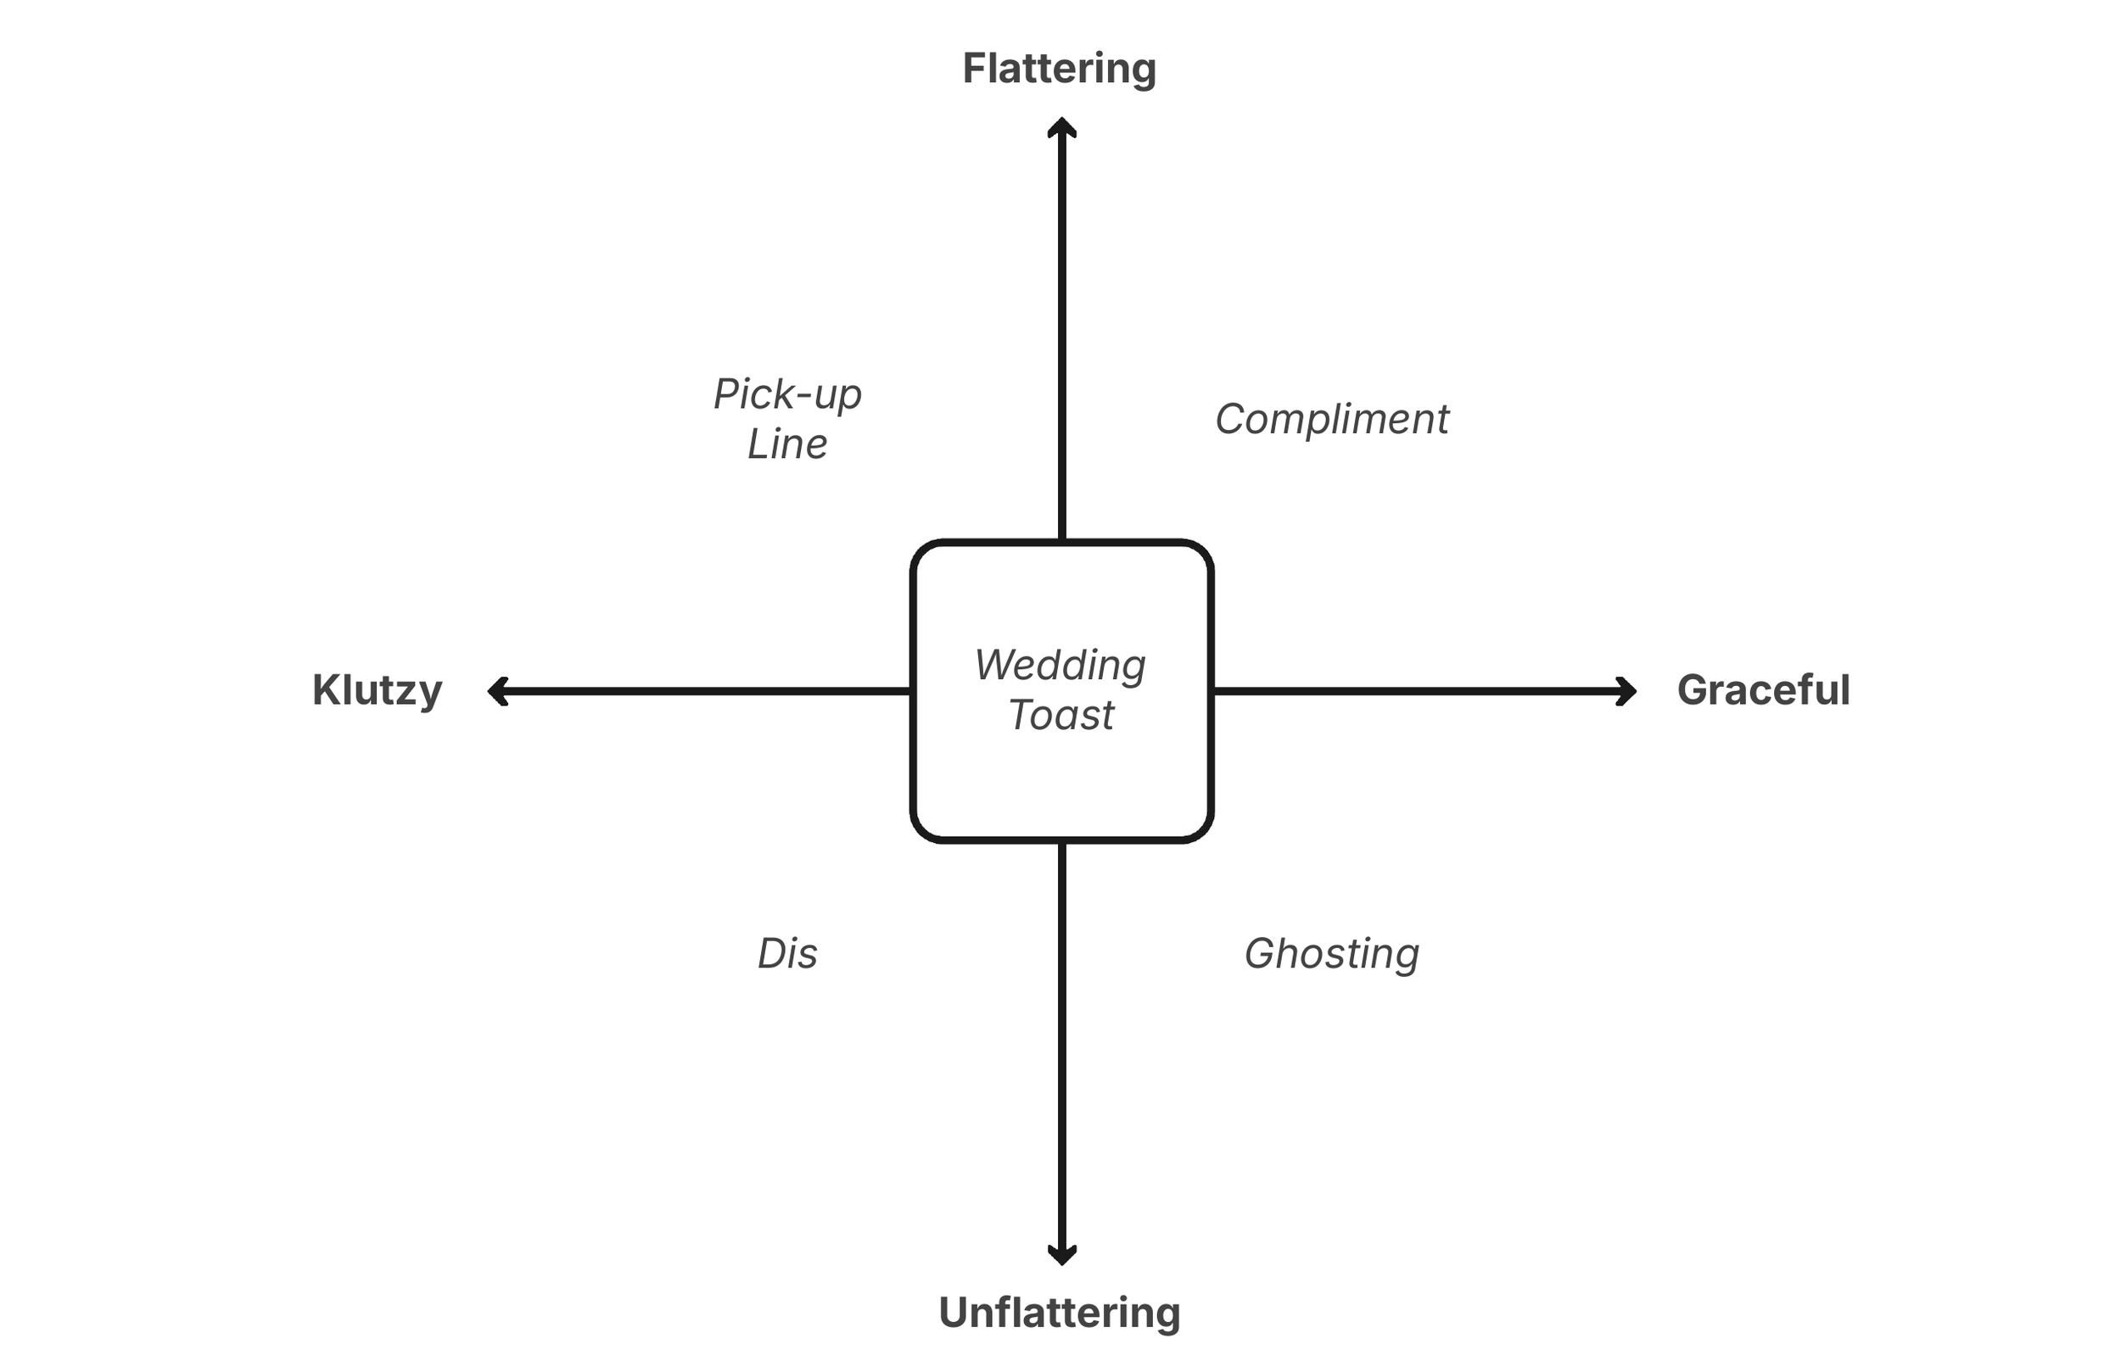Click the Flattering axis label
1059,69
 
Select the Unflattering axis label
1059,1313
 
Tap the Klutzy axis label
377,690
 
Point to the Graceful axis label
1763,690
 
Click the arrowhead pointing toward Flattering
1061,126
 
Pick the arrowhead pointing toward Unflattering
1061,1254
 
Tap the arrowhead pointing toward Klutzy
497,691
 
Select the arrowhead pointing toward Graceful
1627,691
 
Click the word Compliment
1331,420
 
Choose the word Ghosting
1331,954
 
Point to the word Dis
787,954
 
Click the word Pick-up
787,394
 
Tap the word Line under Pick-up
787,444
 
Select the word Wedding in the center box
1060,666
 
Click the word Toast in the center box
1060,716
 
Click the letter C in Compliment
1232,420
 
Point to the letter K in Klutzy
324,690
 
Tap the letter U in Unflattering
954,1313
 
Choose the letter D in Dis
771,954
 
